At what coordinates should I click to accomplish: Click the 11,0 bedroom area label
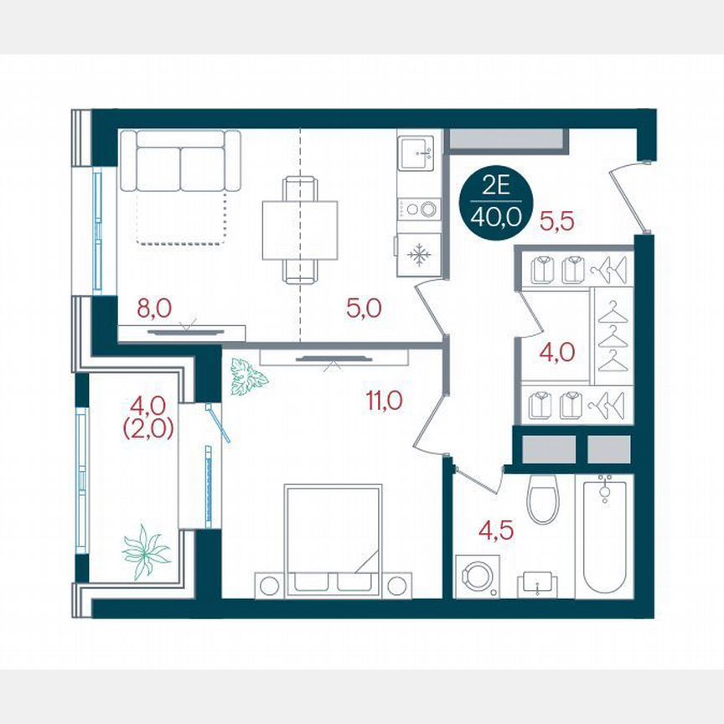[x=384, y=401]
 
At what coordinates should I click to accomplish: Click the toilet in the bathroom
[x=543, y=497]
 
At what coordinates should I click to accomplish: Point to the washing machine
[x=474, y=577]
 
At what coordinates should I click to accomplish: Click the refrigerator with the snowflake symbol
[x=418, y=254]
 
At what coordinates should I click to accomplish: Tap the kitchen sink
[x=418, y=152]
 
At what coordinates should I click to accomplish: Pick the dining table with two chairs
[x=299, y=230]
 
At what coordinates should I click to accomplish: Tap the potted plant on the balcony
[x=147, y=551]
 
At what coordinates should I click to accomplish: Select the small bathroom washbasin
[x=536, y=582]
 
